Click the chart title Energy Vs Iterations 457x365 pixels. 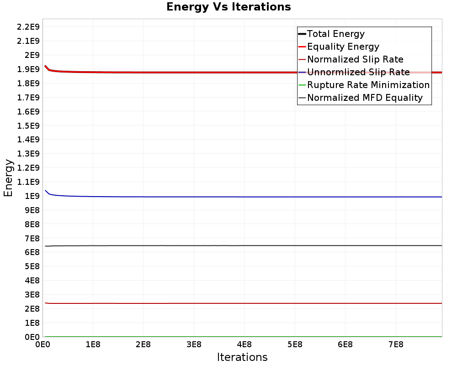pyautogui.click(x=228, y=7)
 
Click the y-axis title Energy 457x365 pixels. pyautogui.click(x=8, y=177)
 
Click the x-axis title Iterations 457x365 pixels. pyautogui.click(x=242, y=357)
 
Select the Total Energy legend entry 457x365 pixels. pyautogui.click(x=335, y=34)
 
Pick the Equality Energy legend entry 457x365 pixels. pyautogui.click(x=343, y=47)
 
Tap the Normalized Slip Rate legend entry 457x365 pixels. pyautogui.click(x=355, y=59)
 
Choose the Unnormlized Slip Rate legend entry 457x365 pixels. pyautogui.click(x=358, y=72)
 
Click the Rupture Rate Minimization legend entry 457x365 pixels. pyautogui.click(x=368, y=85)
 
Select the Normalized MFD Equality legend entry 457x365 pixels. pyautogui.click(x=365, y=98)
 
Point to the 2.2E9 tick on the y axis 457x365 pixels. pyautogui.click(x=28, y=26)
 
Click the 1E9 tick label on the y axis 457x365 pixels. pyautogui.click(x=32, y=196)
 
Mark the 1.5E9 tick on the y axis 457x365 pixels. pyautogui.click(x=28, y=125)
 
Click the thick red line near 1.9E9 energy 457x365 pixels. pyautogui.click(x=183, y=72)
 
